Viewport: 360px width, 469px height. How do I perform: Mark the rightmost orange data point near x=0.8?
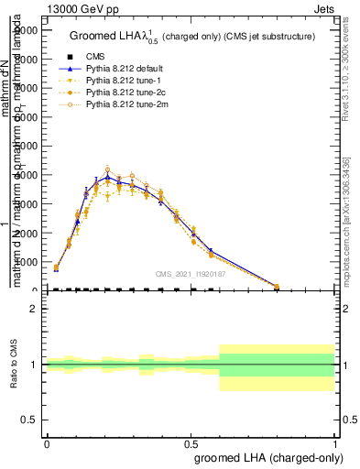(x=277, y=286)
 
